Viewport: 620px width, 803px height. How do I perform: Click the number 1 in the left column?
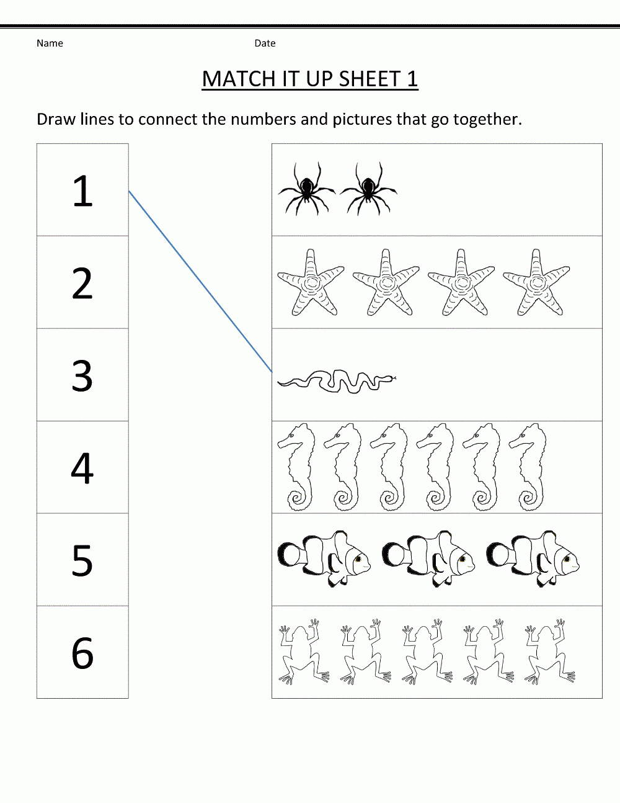click(82, 191)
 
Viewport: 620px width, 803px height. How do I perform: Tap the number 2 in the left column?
click(82, 283)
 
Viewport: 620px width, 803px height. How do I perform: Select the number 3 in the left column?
click(82, 375)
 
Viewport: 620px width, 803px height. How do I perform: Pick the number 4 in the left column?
click(82, 468)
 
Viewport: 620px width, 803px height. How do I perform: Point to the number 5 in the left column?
click(82, 560)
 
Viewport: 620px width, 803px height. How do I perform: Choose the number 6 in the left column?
click(82, 653)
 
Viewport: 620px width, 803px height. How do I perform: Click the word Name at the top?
click(50, 43)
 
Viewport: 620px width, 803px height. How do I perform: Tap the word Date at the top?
click(265, 43)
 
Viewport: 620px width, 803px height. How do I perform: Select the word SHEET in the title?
click(370, 79)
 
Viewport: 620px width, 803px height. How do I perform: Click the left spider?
click(307, 189)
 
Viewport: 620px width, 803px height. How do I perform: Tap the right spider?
click(368, 189)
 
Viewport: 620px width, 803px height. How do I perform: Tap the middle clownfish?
click(428, 559)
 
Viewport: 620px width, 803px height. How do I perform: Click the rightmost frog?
click(549, 653)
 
